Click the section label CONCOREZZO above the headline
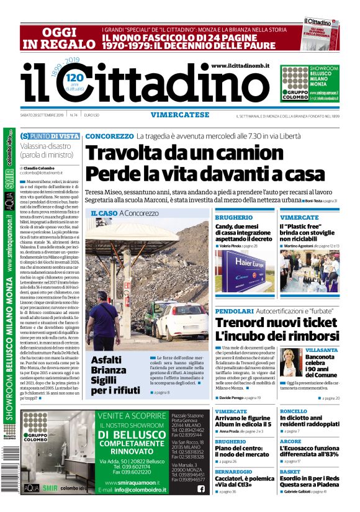coord(109,136)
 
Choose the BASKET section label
coord(289,472)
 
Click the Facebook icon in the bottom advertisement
coord(200,488)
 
